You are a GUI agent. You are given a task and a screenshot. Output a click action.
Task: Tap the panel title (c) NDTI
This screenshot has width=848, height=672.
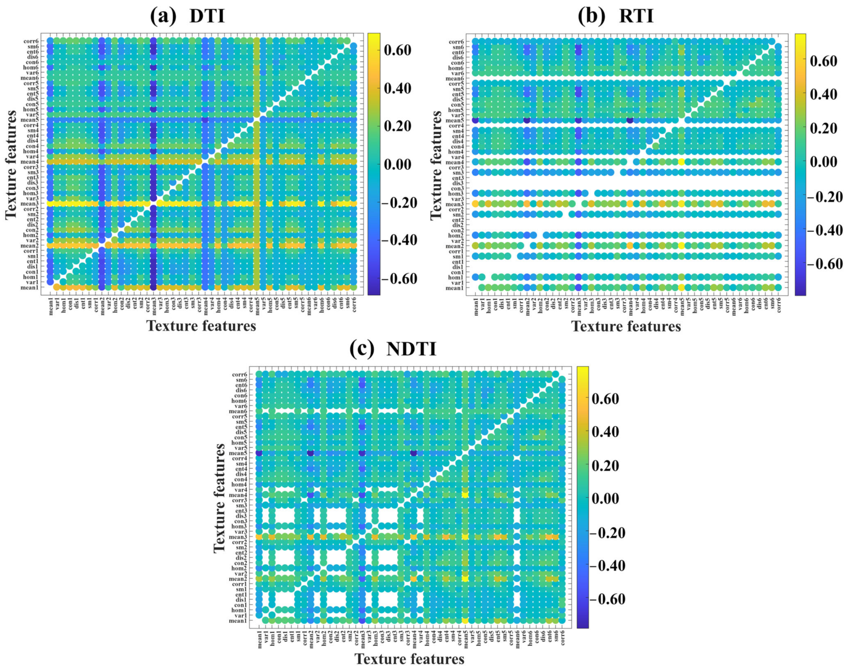click(393, 349)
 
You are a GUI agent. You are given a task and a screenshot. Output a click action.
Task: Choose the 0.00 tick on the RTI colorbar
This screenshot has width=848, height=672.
click(823, 162)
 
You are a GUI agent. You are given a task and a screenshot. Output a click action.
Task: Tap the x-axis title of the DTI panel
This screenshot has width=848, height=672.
click(201, 326)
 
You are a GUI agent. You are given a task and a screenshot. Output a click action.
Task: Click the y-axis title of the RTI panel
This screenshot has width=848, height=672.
click(436, 165)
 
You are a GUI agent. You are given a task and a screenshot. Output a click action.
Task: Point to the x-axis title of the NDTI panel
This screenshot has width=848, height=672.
click(409, 659)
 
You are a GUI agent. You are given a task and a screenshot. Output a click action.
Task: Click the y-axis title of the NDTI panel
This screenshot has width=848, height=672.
click(220, 499)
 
